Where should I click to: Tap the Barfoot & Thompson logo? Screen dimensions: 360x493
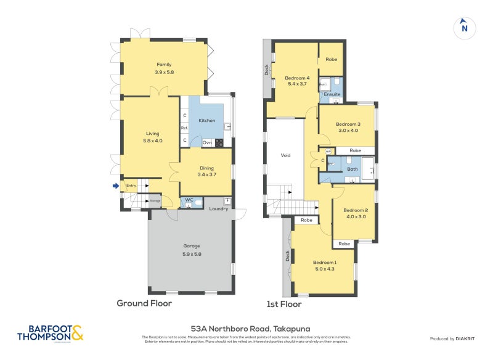51,333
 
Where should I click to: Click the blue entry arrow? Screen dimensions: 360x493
115,185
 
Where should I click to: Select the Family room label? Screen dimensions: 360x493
164,64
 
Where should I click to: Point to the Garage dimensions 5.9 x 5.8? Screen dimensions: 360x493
192,254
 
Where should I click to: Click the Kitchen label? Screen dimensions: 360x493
207,120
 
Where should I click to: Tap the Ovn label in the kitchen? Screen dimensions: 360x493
207,143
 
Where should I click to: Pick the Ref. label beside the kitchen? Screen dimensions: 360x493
184,128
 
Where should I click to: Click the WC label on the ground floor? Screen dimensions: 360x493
190,200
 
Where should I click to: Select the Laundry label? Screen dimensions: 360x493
218,209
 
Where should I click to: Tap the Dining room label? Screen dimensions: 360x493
206,168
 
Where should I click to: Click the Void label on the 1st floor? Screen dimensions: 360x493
285,155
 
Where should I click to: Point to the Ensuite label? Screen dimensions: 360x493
332,94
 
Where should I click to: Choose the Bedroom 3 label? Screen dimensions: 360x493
348,124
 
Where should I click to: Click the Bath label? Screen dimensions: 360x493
352,168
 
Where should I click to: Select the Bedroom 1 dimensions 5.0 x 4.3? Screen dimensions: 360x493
324,269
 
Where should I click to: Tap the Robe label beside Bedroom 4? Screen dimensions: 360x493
332,60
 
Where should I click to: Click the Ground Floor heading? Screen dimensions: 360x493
144,303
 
